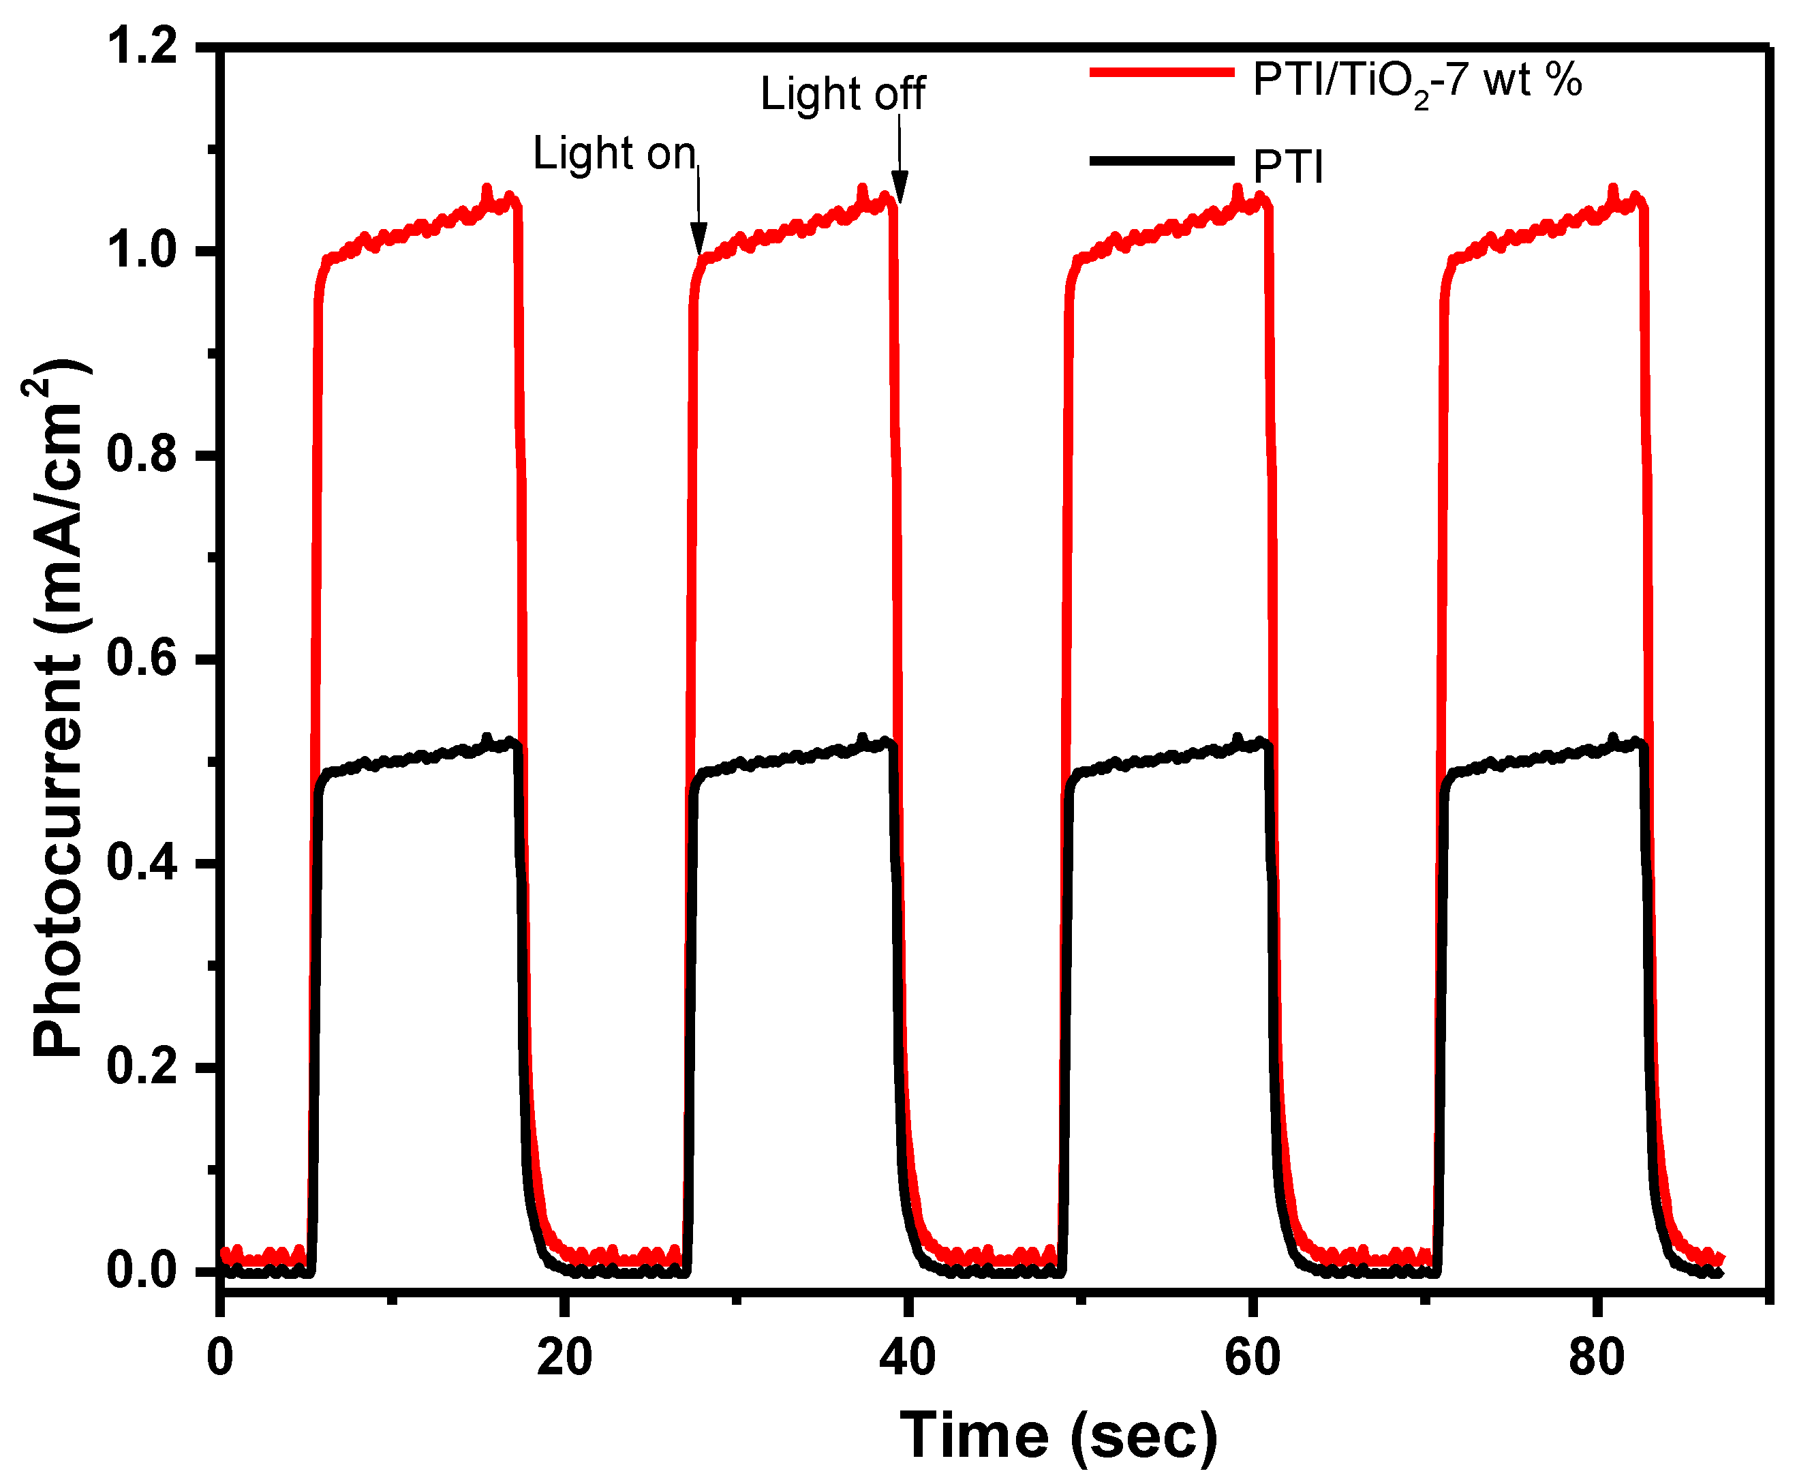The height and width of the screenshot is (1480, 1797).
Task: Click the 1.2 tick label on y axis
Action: [142, 46]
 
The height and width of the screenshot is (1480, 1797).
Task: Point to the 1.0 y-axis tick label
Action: [142, 251]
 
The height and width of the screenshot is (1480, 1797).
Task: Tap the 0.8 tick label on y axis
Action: [142, 455]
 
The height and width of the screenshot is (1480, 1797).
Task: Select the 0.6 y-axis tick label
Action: [142, 659]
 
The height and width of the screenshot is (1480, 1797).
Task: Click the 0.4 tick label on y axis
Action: [142, 863]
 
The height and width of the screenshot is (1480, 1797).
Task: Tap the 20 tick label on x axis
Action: [564, 1357]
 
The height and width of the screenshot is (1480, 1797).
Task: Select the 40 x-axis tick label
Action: [908, 1357]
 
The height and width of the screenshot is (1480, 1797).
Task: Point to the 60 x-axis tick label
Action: [1252, 1357]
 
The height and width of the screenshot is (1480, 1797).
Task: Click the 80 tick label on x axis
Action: [1596, 1357]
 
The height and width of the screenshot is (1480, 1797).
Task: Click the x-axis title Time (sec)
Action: [1058, 1436]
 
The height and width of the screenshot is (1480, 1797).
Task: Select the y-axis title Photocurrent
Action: [58, 708]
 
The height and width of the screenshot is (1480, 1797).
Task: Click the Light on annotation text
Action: [613, 154]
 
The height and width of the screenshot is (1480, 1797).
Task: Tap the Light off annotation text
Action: [842, 94]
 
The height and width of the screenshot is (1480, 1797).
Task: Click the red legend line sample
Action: [1161, 72]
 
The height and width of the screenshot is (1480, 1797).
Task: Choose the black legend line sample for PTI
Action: [1161, 160]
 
